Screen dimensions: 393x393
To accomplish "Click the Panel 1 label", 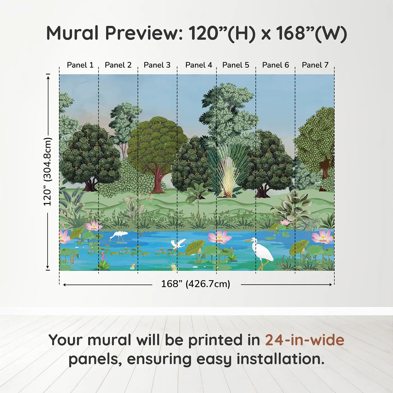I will pyautogui.click(x=80, y=65).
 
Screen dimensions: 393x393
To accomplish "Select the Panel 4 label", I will pyautogui.click(x=198, y=65).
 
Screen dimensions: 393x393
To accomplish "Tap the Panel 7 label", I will pyautogui.click(x=315, y=65).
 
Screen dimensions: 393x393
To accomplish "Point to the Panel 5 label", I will pyautogui.click(x=236, y=65).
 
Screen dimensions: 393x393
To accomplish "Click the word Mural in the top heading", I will pyautogui.click(x=72, y=33).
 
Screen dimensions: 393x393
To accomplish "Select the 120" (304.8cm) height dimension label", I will pyautogui.click(x=47, y=172).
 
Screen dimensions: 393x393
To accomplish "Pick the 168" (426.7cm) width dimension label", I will pyautogui.click(x=196, y=284).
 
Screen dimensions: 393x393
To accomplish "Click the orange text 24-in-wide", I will pyautogui.click(x=305, y=340).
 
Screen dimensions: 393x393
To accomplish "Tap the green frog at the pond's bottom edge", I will pyautogui.click(x=174, y=267).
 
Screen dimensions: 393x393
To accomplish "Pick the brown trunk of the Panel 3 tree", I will pyautogui.click(x=159, y=180).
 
